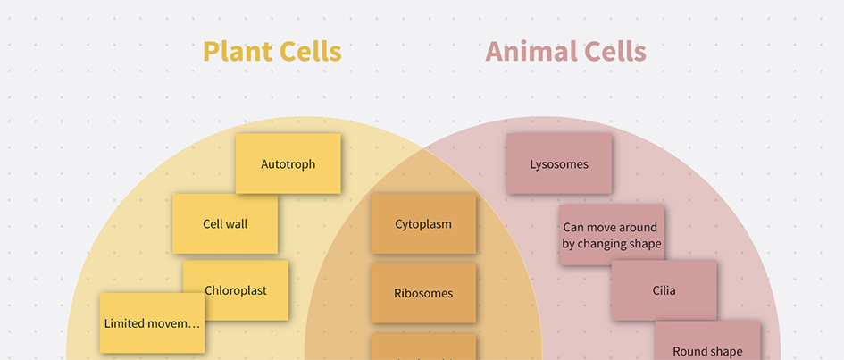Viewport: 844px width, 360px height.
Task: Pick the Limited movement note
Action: tap(152, 322)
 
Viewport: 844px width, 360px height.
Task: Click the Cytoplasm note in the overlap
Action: tap(423, 224)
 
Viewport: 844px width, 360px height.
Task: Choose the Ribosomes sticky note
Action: tap(423, 293)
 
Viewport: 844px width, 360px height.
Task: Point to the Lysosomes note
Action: tap(559, 163)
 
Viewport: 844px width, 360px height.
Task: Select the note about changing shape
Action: tap(612, 235)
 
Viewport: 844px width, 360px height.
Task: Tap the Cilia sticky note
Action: tap(664, 290)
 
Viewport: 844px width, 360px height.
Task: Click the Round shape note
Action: tap(707, 343)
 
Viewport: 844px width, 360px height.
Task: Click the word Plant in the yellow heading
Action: tap(233, 52)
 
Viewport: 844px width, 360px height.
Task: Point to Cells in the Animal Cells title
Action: tap(611, 52)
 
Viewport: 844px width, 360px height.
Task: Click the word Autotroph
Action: tap(288, 164)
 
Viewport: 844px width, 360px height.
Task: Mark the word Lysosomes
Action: tap(559, 164)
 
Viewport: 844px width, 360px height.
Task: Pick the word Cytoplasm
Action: tap(423, 224)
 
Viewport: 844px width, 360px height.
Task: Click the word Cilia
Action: tap(664, 290)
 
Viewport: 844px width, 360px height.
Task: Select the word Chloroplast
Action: tap(236, 290)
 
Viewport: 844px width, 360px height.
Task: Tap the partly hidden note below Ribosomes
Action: tap(423, 347)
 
